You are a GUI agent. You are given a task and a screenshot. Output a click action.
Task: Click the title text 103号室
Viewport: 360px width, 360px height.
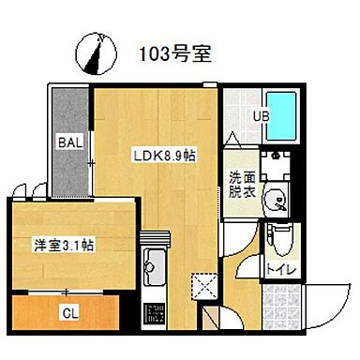tap(174, 52)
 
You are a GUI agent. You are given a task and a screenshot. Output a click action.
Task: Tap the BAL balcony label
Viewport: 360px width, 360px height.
tap(70, 142)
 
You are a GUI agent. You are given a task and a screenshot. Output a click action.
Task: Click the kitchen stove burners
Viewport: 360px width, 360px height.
tap(152, 316)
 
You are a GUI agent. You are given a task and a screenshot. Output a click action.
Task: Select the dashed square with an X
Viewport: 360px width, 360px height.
tap(202, 283)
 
